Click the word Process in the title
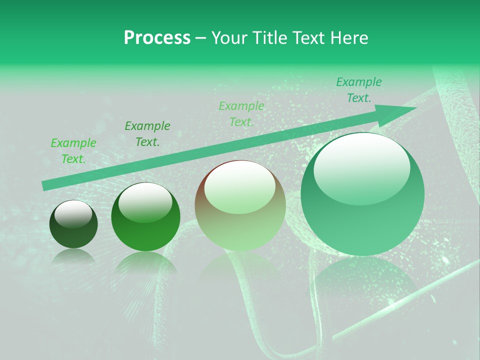tap(157, 37)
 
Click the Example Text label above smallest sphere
tap(73, 151)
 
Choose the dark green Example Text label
tap(147, 134)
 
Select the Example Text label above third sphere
tap(241, 114)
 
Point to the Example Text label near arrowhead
tap(359, 90)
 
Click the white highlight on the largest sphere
tap(361, 167)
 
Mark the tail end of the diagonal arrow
tap(46, 185)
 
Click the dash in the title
tap(201, 38)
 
